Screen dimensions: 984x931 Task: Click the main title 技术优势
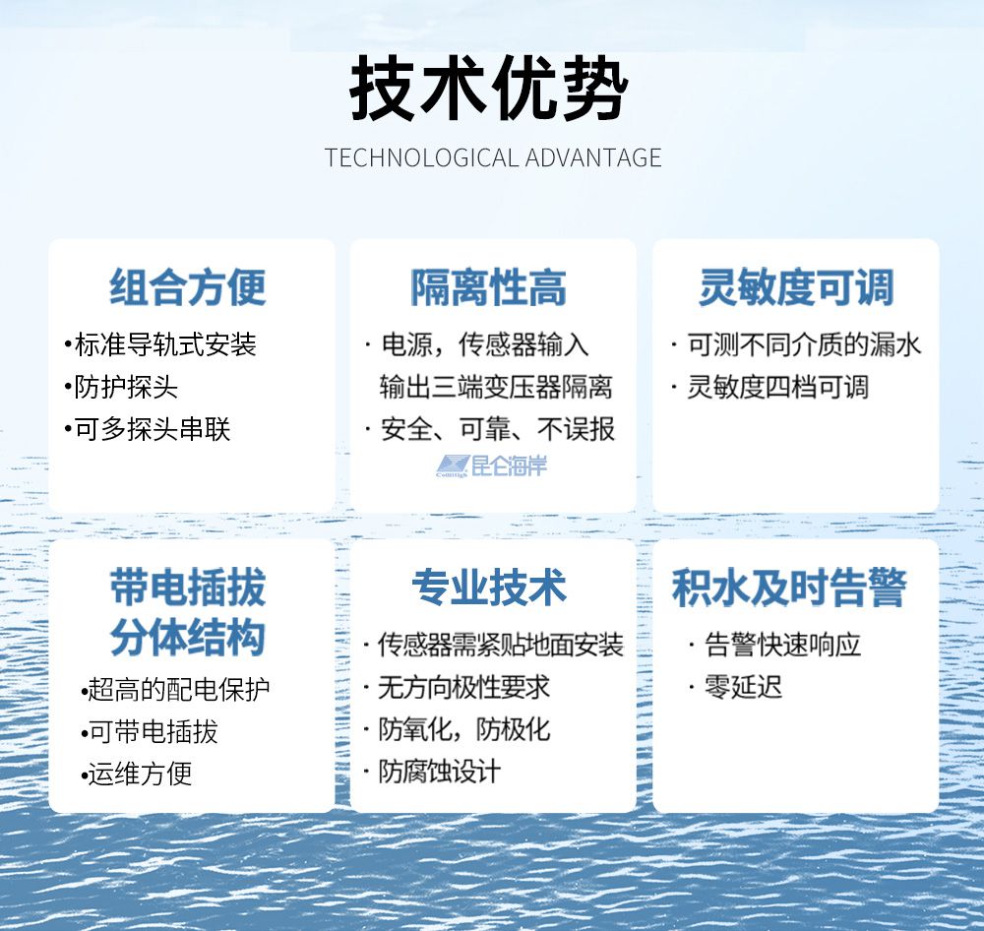pyautogui.click(x=489, y=89)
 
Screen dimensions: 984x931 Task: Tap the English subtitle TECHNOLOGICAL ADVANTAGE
pyautogui.click(x=493, y=157)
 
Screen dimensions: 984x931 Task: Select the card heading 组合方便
pyautogui.click(x=188, y=287)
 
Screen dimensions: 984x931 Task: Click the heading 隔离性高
pyautogui.click(x=488, y=287)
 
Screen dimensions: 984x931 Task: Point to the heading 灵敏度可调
pyautogui.click(x=796, y=287)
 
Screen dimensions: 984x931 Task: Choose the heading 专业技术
pyautogui.click(x=489, y=588)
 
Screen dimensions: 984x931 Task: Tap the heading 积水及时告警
pyautogui.click(x=789, y=588)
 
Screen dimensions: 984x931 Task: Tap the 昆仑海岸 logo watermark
pyautogui.click(x=491, y=465)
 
